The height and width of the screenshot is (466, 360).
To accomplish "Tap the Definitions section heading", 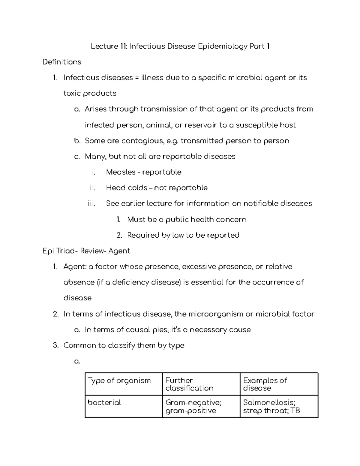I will coord(62,62).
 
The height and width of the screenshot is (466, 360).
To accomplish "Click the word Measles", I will coord(121,172).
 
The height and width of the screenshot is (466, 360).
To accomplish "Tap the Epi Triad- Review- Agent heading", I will coord(86,251).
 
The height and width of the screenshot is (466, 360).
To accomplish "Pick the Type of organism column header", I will coord(119,380).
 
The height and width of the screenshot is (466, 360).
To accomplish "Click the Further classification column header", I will coord(189,384).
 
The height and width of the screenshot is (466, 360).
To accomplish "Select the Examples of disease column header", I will coord(265,384).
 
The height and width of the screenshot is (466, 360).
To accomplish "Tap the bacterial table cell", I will coord(104,403).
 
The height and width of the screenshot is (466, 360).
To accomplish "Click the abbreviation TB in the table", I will coord(295,410).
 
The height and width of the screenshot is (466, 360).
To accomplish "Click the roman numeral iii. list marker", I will coord(91,204).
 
